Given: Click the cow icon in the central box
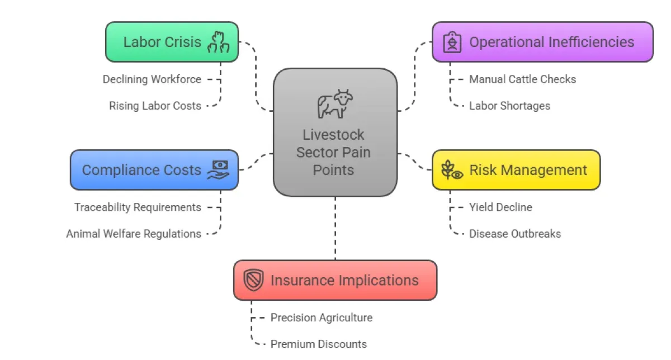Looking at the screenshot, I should pyautogui.click(x=335, y=104).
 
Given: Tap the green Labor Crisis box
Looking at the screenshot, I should pyautogui.click(x=172, y=42).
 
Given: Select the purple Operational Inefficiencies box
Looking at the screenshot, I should pyautogui.click(x=542, y=42).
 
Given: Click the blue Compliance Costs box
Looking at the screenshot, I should pyautogui.click(x=154, y=170).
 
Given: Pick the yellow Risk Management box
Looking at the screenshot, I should pyautogui.click(x=516, y=170).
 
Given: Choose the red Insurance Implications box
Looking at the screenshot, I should pyautogui.click(x=335, y=280).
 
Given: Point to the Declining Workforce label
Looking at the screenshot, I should pyautogui.click(x=152, y=79).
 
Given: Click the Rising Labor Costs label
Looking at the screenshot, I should pyautogui.click(x=155, y=106).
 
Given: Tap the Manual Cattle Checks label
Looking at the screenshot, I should pyautogui.click(x=522, y=79).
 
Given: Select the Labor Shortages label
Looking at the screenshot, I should pyautogui.click(x=509, y=106).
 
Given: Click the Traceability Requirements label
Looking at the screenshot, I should pyautogui.click(x=138, y=207).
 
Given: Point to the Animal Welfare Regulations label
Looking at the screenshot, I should pyautogui.click(x=134, y=234).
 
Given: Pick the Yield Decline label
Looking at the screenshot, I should pyautogui.click(x=500, y=207).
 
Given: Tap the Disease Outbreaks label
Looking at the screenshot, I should pyautogui.click(x=514, y=234).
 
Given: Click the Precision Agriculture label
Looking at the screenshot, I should pyautogui.click(x=322, y=318).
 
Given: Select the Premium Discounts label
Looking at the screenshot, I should pyautogui.click(x=319, y=344).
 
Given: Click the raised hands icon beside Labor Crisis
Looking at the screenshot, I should pyautogui.click(x=218, y=42).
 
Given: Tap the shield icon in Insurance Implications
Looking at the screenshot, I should pyautogui.click(x=253, y=280).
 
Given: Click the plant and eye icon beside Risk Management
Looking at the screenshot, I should pyautogui.click(x=452, y=170).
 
